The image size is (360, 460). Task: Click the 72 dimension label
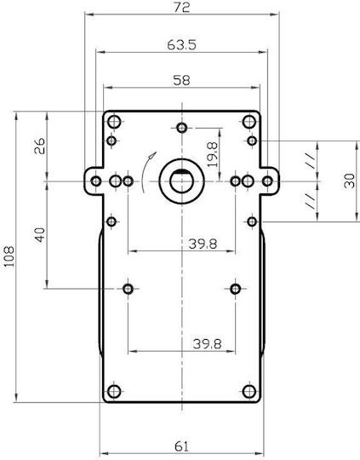coord(182,7)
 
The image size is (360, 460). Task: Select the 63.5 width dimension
coord(181,45)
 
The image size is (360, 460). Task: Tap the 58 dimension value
coord(181,80)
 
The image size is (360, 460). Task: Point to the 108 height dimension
coord(9,256)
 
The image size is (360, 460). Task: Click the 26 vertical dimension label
coord(40,146)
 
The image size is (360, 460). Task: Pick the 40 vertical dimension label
coord(40,235)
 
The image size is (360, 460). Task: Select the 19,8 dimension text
coord(213,154)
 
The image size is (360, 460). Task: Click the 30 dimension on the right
coord(350,181)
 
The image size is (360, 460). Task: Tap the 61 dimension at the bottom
coord(182,446)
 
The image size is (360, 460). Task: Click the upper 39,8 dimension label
coord(203,244)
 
